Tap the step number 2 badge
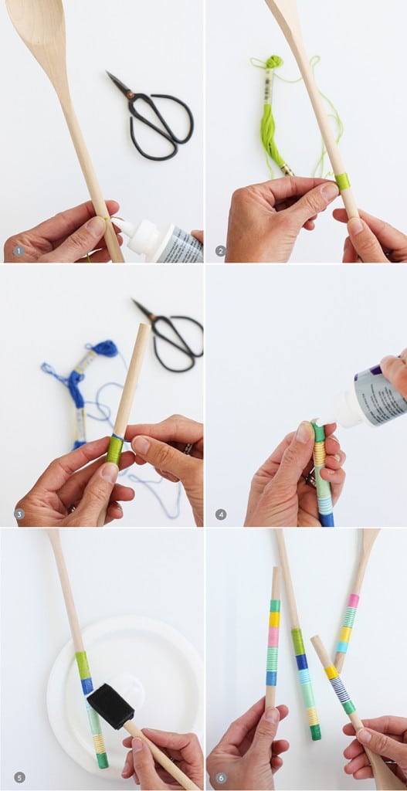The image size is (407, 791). click(221, 251)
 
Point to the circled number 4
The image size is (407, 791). click(221, 514)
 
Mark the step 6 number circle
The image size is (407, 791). click(221, 777)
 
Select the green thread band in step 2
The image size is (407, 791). click(341, 182)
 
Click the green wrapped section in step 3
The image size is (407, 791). click(114, 450)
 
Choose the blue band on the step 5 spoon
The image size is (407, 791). click(86, 686)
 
